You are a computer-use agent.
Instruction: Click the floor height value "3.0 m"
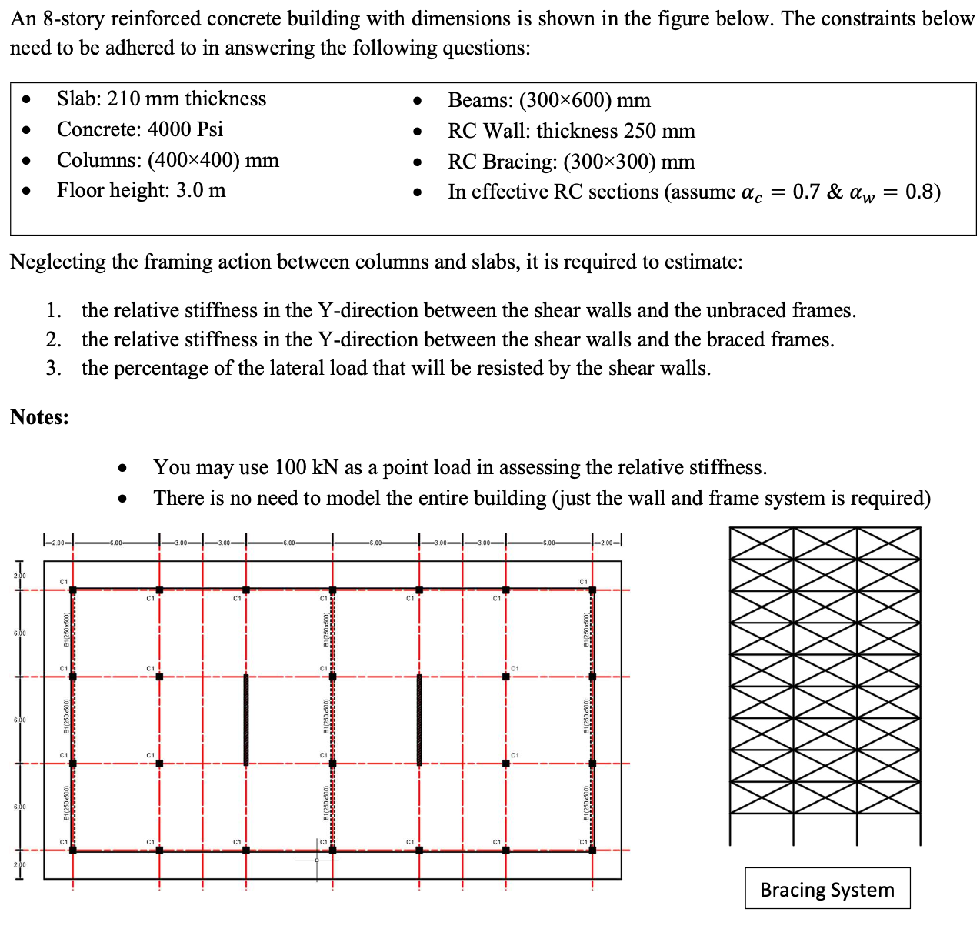coord(201,190)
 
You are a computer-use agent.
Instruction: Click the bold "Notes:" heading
coord(39,417)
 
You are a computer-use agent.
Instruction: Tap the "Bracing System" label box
coord(827,889)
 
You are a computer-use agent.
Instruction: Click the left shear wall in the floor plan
coord(246,720)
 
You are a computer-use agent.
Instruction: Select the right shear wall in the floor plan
coord(419,720)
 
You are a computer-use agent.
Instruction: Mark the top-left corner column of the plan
coord(73,590)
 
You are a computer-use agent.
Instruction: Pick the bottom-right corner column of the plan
coord(592,850)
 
